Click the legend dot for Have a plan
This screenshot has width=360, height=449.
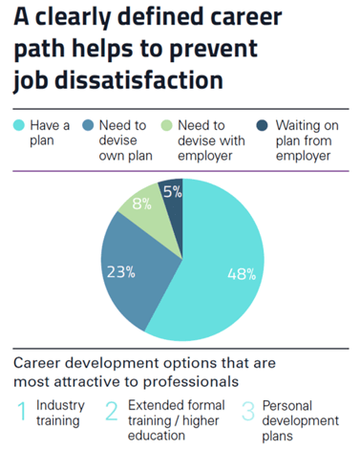coord(18,124)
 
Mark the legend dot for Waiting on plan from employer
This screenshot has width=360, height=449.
coord(256,124)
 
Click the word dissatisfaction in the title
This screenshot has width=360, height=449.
coord(146,80)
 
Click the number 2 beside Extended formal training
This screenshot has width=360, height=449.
coord(112,411)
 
